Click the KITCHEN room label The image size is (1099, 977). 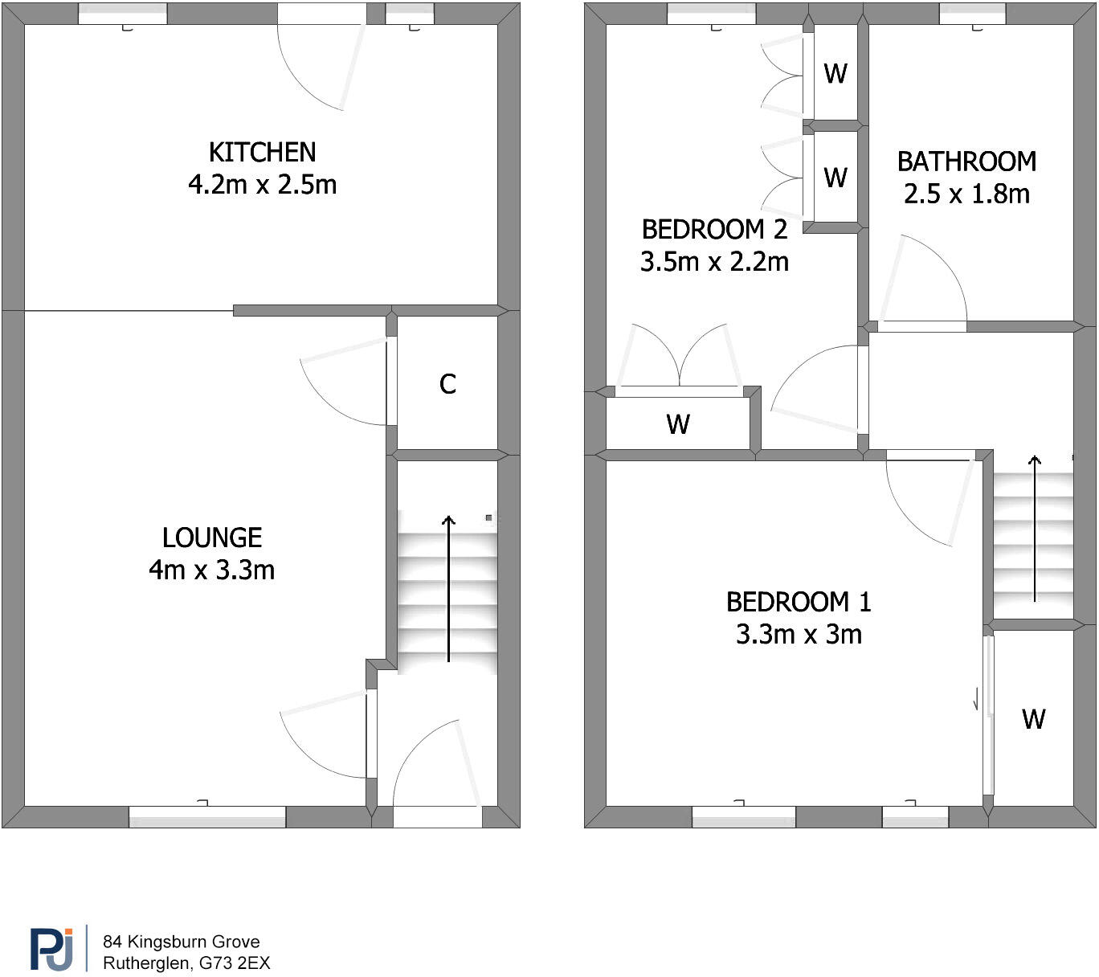262,153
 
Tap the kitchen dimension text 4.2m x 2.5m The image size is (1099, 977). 262,185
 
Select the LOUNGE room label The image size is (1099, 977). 212,538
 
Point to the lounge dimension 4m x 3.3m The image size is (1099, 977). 212,570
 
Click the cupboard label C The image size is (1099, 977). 447,384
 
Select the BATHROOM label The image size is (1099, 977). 966,161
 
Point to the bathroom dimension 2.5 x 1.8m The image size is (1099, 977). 966,194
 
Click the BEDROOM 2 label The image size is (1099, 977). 714,230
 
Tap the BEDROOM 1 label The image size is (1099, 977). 799,602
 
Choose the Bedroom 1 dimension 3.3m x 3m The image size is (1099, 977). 799,634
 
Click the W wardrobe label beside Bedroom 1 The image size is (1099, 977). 1033,718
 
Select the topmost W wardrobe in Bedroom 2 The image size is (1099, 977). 835,73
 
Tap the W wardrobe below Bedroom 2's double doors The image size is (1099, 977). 677,423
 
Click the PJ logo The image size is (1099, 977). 51,949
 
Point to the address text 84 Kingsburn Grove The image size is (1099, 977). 181,942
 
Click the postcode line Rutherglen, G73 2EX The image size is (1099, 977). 186,963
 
